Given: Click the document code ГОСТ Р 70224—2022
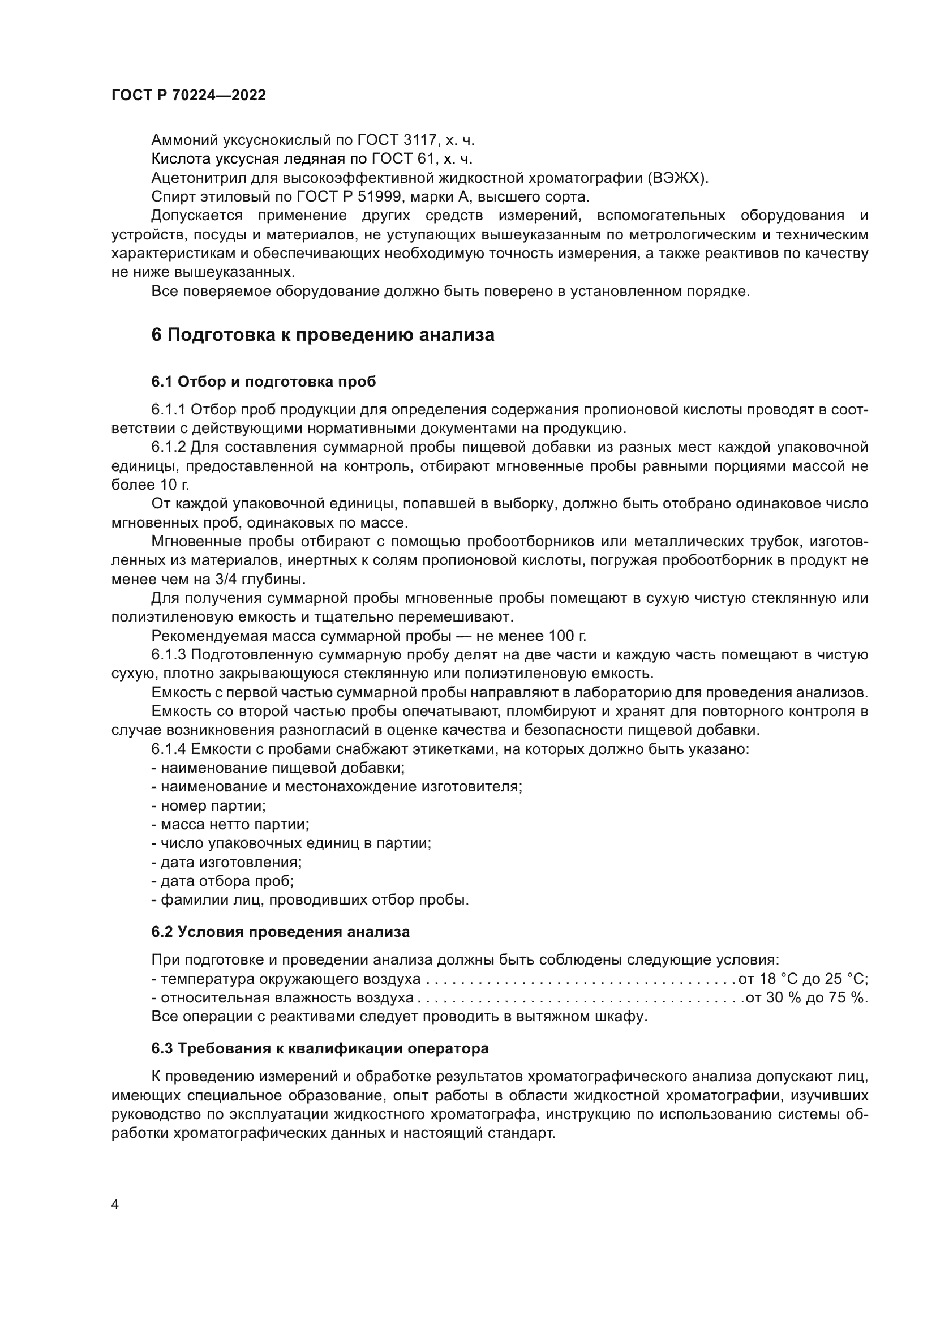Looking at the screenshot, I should (x=188, y=96).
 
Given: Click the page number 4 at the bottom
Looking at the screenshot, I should (x=115, y=1205).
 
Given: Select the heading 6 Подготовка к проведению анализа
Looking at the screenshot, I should (x=323, y=335).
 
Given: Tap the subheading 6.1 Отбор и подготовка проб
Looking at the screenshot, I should (x=263, y=382).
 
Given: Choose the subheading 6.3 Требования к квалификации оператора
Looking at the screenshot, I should (x=320, y=1048).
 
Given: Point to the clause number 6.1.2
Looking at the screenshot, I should (x=169, y=448).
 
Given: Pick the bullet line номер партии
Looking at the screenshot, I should (x=209, y=806).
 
